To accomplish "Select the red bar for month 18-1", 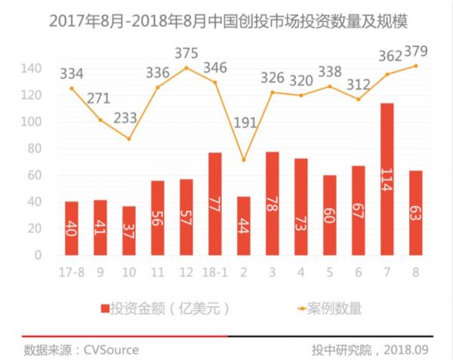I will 214,204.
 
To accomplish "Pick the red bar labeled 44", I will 243,226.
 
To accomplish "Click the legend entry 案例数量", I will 328,307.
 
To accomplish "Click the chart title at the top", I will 226,20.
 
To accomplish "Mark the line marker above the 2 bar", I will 243,160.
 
